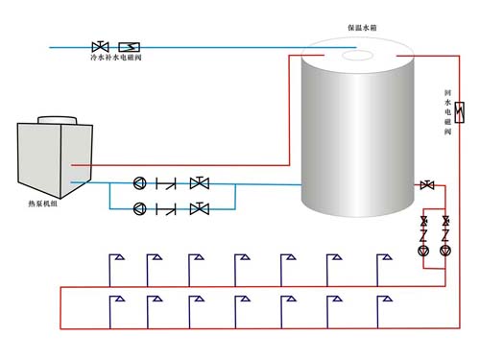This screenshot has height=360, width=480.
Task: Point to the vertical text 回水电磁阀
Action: [447, 113]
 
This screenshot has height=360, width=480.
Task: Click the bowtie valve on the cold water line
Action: [99, 46]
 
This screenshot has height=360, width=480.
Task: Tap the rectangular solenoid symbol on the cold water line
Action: [129, 46]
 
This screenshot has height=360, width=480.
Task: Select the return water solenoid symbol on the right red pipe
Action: [460, 112]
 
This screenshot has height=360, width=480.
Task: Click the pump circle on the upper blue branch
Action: [141, 182]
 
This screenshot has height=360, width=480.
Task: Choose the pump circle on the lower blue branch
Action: [141, 207]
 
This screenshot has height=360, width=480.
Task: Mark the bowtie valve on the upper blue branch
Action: [199, 182]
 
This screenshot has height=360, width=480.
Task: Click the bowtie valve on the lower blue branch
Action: [199, 207]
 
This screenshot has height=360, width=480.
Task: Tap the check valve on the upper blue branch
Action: [170, 182]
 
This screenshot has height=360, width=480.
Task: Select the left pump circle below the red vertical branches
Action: [424, 251]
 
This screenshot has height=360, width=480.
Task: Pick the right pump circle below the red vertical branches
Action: [445, 251]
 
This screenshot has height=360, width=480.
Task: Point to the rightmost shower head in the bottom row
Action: [383, 300]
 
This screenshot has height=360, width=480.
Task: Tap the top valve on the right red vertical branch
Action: [445, 223]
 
